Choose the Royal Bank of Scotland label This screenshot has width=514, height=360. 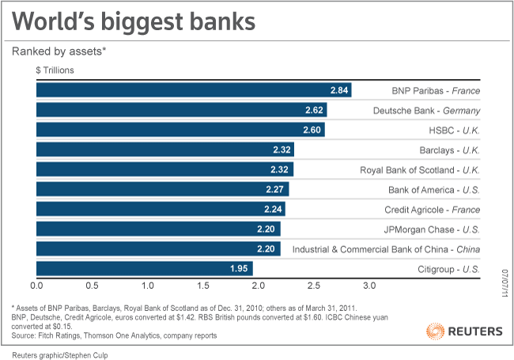pyautogui.click(x=420, y=169)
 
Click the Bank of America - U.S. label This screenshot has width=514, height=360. pyautogui.click(x=434, y=190)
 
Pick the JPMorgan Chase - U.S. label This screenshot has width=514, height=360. pyautogui.click(x=430, y=229)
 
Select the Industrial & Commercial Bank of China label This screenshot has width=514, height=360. pyautogui.click(x=387, y=249)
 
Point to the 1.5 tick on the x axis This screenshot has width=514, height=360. pyautogui.click(x=203, y=284)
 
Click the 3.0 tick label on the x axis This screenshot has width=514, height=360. pyautogui.click(x=369, y=284)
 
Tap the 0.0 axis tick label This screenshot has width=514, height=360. pyautogui.click(x=36, y=284)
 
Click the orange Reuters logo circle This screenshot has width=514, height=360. pyautogui.click(x=434, y=330)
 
